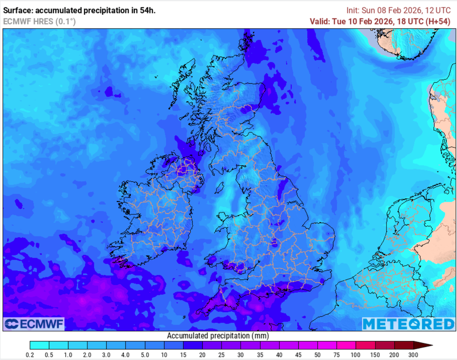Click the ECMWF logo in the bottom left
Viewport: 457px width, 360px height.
(34, 323)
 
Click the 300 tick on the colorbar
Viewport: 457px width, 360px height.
(414, 355)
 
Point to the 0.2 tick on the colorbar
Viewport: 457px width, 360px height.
(30, 355)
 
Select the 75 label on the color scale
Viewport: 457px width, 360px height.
(337, 355)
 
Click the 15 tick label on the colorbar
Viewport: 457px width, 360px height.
(183, 355)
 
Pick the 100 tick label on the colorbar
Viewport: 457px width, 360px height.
(356, 355)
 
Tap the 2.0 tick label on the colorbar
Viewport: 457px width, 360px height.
(87, 355)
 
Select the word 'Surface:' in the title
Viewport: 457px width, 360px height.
(17, 10)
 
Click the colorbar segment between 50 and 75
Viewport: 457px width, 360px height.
(327, 345)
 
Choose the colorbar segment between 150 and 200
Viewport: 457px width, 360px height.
(385, 345)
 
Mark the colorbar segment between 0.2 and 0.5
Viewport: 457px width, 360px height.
(39, 345)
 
